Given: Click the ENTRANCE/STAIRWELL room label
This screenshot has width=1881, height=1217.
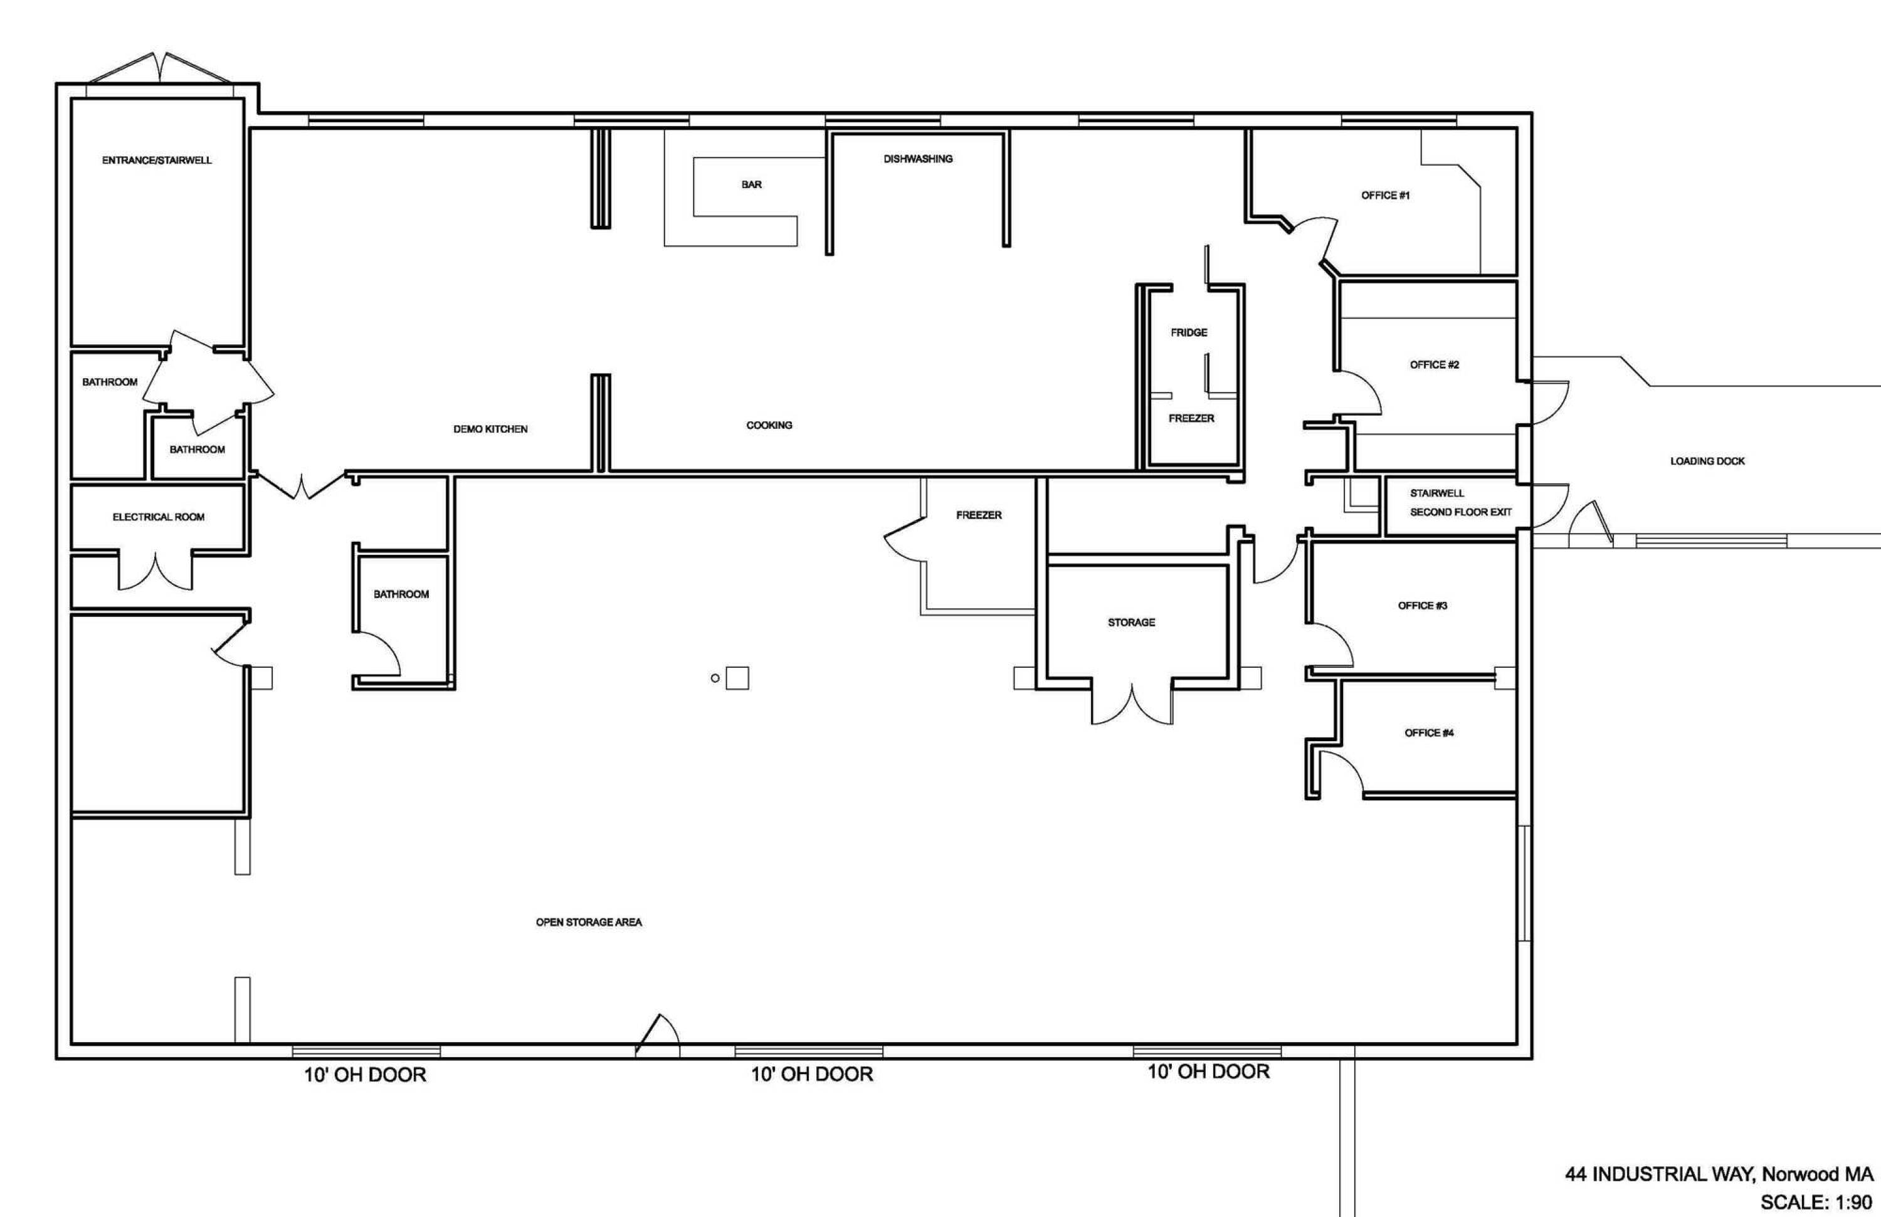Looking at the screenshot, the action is (x=157, y=161).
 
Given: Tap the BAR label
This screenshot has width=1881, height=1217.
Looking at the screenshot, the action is (x=752, y=185).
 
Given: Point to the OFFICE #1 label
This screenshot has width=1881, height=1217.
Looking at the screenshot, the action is (x=1386, y=195).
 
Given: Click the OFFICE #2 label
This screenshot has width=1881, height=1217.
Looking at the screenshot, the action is (x=1435, y=365).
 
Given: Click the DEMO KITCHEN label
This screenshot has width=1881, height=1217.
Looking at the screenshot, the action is (x=490, y=429).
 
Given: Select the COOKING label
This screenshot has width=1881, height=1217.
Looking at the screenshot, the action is (x=769, y=425).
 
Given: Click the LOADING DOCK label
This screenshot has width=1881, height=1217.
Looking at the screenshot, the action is (x=1707, y=461).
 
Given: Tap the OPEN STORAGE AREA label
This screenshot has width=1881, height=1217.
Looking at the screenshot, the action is (x=589, y=922).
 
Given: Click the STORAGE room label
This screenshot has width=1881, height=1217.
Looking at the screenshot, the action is (x=1131, y=623).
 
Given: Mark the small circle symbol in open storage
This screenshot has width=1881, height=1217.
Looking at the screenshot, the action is (x=715, y=678).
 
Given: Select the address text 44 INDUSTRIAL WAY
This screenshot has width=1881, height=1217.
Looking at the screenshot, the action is (x=1656, y=1174).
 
